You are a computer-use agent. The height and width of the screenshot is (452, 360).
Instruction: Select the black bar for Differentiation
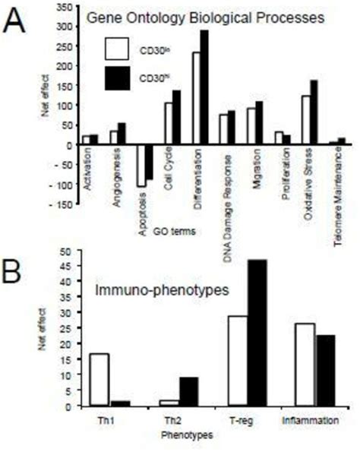pyautogui.click(x=204, y=87)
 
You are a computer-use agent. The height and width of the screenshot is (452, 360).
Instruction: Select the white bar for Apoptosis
pyautogui.click(x=141, y=165)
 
